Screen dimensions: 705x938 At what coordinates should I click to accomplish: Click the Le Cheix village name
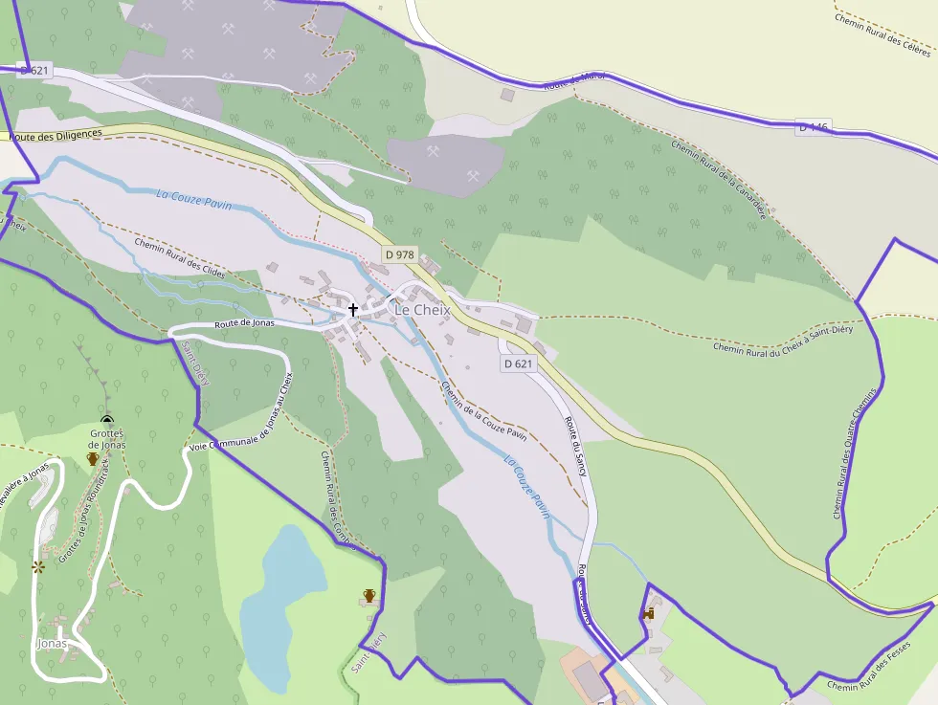[x=422, y=310]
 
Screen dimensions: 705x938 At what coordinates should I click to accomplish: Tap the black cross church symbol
[x=353, y=310]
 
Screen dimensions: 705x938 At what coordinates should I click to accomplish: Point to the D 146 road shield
[x=813, y=127]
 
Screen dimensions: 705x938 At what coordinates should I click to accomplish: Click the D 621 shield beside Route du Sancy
[x=518, y=364]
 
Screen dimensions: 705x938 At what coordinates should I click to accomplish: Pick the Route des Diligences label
[x=56, y=136]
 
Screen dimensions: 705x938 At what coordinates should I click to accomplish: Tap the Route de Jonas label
[x=244, y=323]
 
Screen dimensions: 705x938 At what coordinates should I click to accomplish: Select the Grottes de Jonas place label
[x=107, y=439]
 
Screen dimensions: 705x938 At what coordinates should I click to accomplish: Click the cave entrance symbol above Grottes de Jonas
[x=107, y=420]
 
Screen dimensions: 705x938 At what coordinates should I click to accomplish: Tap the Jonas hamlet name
[x=52, y=643]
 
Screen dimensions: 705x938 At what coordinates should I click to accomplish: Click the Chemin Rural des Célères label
[x=882, y=34]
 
